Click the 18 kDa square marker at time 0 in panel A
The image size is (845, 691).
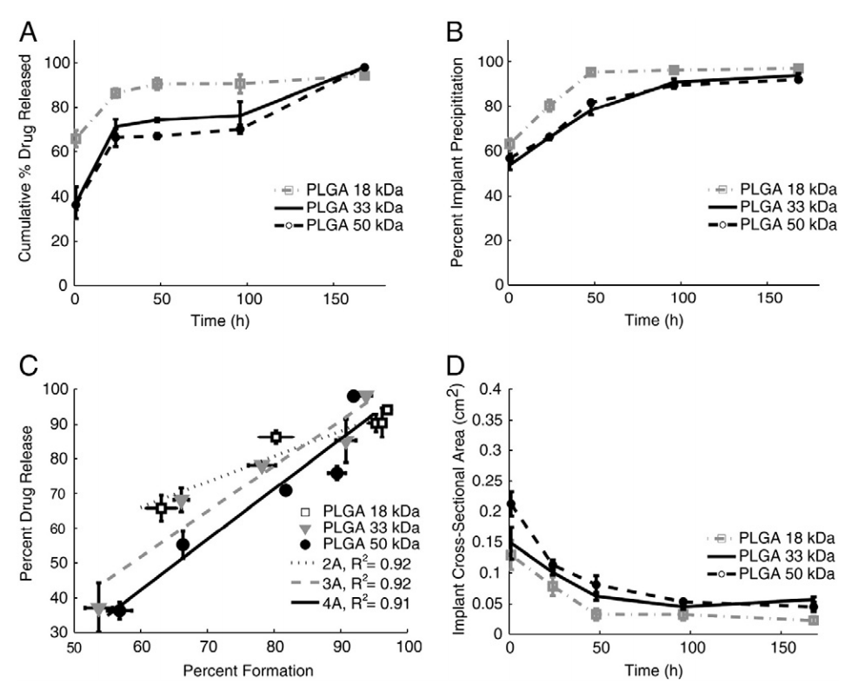tap(77, 138)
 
